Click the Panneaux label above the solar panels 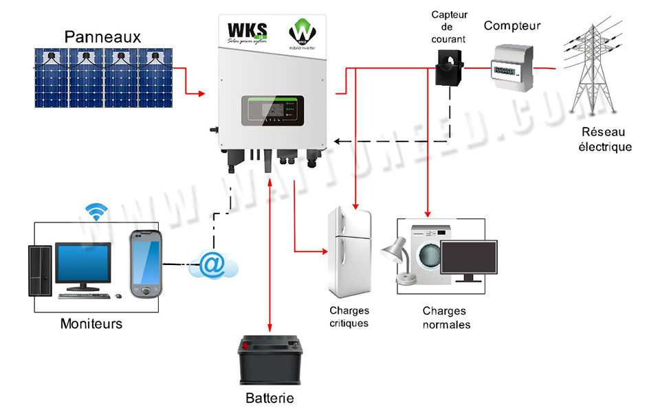(x=103, y=36)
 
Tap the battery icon (x=269, y=360)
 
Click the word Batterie (x=269, y=398)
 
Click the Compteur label (x=512, y=26)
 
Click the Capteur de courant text (x=448, y=27)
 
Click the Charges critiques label (x=349, y=317)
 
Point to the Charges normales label (x=446, y=318)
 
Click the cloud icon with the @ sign (x=214, y=265)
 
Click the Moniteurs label (x=91, y=323)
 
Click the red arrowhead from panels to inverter (x=201, y=92)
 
